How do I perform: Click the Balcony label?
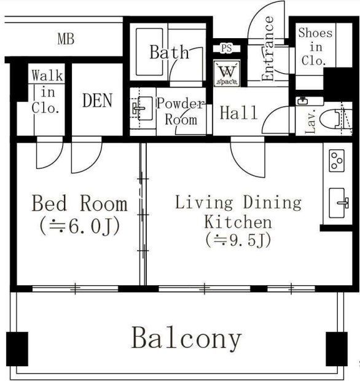click(x=187, y=339)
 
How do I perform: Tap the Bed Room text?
click(x=79, y=203)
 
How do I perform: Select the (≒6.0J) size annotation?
click(x=79, y=226)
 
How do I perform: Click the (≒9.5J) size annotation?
click(x=238, y=240)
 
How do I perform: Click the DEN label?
click(x=97, y=100)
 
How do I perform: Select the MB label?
click(x=66, y=41)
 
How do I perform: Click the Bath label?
click(x=169, y=52)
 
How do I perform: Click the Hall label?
click(x=238, y=112)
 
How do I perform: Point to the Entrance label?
click(x=268, y=49)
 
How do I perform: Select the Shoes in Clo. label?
click(x=315, y=47)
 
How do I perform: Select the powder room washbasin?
click(x=139, y=111)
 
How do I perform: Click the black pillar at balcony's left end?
click(x=17, y=348)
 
